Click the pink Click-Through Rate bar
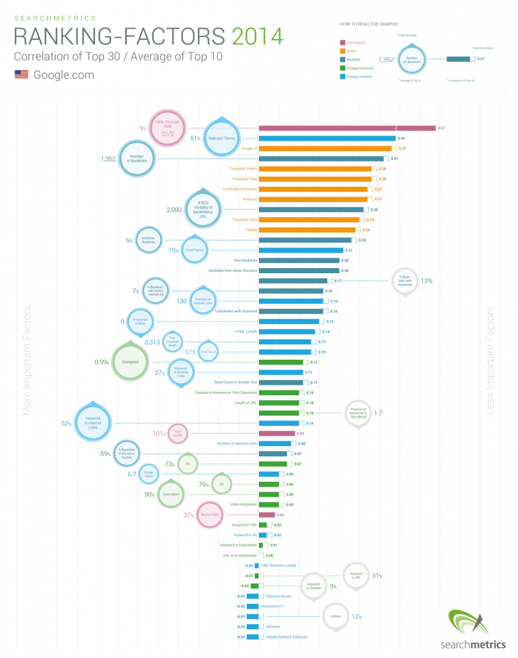(x=346, y=128)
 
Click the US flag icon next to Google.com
(x=21, y=75)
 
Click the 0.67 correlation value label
(x=442, y=128)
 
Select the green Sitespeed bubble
(x=131, y=362)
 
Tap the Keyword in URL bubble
(x=356, y=576)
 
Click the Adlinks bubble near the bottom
(x=335, y=616)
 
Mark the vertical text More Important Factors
(x=27, y=360)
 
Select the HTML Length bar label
(x=246, y=332)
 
